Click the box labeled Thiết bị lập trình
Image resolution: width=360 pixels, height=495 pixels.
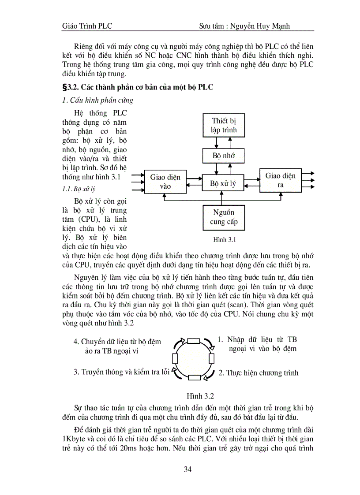(x=224, y=125)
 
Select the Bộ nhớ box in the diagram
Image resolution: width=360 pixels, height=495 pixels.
(x=224, y=156)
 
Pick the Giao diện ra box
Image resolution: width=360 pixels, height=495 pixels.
(x=281, y=180)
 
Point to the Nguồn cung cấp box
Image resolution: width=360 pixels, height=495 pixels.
(x=224, y=217)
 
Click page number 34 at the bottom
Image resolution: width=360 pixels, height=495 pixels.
(x=188, y=469)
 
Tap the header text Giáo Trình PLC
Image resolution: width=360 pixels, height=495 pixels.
(x=87, y=26)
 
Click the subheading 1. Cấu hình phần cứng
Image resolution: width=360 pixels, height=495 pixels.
(x=98, y=100)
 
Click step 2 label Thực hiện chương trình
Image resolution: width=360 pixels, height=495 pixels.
(x=259, y=373)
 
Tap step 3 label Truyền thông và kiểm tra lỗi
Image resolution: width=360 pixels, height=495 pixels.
(x=121, y=372)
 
